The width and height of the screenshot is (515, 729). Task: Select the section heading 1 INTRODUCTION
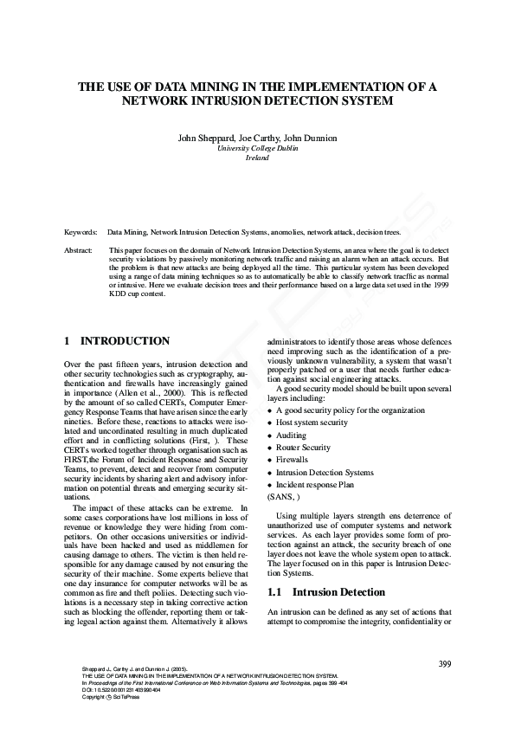tap(117, 342)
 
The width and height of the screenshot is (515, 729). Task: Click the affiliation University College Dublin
tap(257, 149)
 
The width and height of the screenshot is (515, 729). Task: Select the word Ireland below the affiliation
tap(257, 158)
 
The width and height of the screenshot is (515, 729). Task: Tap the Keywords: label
tap(80, 233)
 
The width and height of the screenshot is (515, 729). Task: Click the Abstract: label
tap(79, 250)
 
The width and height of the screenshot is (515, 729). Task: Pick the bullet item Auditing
tap(291, 435)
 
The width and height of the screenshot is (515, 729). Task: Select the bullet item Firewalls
tap(293, 460)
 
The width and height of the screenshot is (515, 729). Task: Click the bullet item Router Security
tap(303, 448)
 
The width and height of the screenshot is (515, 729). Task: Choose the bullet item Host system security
tap(312, 423)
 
